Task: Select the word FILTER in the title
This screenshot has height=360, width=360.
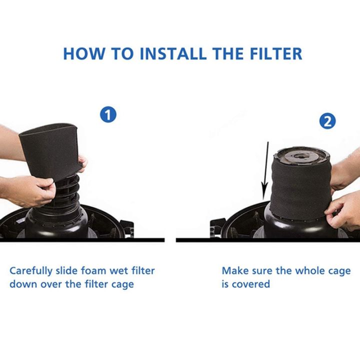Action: click(274, 53)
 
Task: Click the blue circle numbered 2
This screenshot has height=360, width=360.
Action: click(327, 121)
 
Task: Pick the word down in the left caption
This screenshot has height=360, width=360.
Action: click(21, 284)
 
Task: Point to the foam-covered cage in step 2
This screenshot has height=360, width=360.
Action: click(300, 190)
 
